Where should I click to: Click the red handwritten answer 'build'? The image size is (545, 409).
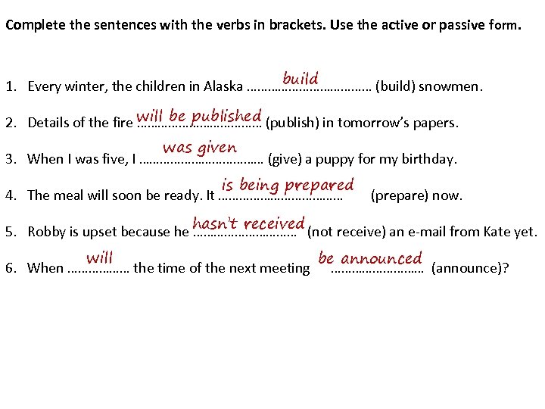pyautogui.click(x=300, y=79)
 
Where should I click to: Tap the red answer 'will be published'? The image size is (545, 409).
pyautogui.click(x=199, y=116)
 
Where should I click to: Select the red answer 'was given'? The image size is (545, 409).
pyautogui.click(x=200, y=148)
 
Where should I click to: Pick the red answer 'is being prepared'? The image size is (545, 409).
pyautogui.click(x=288, y=185)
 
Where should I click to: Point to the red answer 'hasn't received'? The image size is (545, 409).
pyautogui.click(x=248, y=223)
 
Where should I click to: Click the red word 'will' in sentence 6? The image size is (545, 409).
pyautogui.click(x=99, y=258)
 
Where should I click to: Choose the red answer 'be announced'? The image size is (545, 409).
pyautogui.click(x=370, y=259)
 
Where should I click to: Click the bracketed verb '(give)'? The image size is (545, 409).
pyautogui.click(x=285, y=159)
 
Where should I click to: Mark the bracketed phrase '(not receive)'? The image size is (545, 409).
pyautogui.click(x=345, y=232)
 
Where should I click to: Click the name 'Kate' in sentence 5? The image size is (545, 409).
pyautogui.click(x=485, y=232)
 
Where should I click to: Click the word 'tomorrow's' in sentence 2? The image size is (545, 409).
pyautogui.click(x=369, y=123)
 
